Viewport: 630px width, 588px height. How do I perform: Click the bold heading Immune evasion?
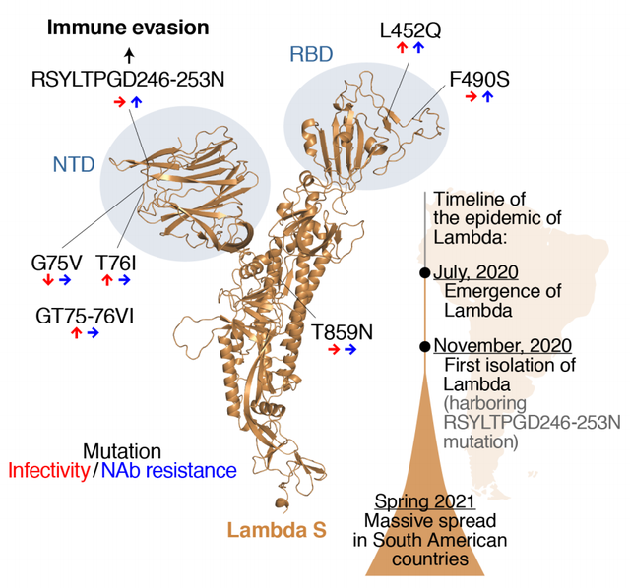point(128,28)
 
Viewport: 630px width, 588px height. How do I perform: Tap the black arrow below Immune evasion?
point(129,55)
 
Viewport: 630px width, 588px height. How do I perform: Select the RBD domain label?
point(311,54)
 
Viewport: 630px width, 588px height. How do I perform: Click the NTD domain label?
point(74,164)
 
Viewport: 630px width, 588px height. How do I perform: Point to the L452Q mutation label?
point(410,30)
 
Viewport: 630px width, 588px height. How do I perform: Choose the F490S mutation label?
point(479,79)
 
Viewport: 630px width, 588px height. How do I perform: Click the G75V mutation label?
point(56,264)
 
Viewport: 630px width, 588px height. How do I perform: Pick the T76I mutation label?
point(116,264)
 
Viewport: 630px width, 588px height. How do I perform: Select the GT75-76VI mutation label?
point(85,316)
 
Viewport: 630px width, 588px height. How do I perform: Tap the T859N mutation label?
point(343,332)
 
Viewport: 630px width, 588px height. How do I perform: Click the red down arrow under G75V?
point(48,280)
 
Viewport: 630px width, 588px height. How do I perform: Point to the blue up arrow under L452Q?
point(418,48)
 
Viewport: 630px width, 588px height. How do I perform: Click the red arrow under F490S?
point(471,96)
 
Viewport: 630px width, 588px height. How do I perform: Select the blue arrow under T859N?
point(350,350)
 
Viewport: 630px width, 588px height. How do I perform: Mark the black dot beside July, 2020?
point(424,273)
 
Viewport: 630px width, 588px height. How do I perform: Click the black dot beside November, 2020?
point(424,346)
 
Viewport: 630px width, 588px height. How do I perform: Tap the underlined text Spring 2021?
point(424,501)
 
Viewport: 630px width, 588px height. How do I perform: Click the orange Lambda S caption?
point(277,530)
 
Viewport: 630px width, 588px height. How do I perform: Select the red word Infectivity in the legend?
point(48,470)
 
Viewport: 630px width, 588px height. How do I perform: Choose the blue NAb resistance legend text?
point(168,470)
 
